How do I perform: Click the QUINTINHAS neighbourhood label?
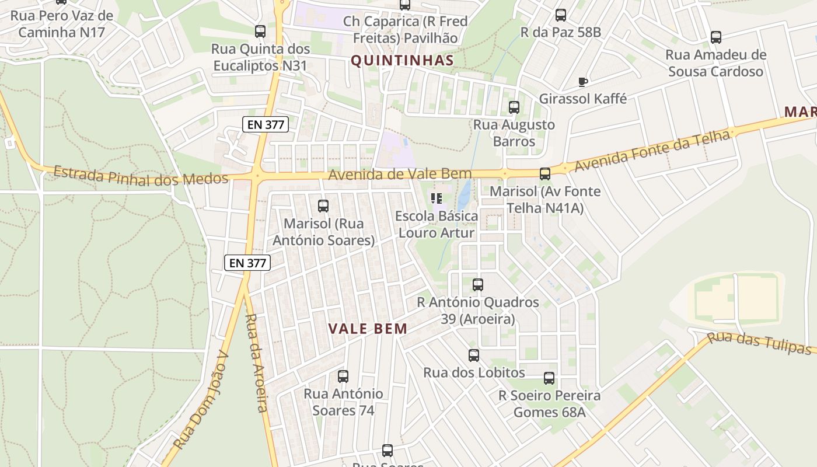[x=402, y=61]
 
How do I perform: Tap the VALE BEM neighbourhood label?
[x=368, y=329]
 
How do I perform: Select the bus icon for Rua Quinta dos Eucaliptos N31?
[x=260, y=32]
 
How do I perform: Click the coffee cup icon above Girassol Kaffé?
[x=582, y=82]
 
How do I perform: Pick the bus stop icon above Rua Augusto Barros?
[x=514, y=107]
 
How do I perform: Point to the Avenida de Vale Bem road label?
[x=400, y=174]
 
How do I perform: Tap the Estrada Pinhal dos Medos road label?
[x=141, y=176]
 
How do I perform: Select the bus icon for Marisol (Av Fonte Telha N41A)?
[x=545, y=174]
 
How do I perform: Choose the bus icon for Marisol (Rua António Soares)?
[x=323, y=206]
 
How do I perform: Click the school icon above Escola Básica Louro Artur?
[x=437, y=199]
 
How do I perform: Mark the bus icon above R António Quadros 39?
[x=478, y=285]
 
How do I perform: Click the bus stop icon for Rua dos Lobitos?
[x=474, y=355]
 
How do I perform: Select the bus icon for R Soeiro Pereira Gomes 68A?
[x=549, y=378]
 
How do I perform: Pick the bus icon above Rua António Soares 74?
[x=343, y=377]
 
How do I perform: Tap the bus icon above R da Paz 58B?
[x=561, y=15]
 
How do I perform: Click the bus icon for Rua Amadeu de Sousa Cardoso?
[x=716, y=37]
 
